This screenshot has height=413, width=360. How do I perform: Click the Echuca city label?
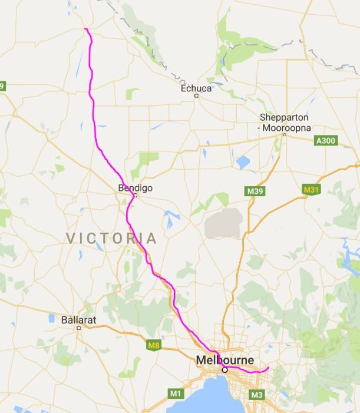(x=196, y=88)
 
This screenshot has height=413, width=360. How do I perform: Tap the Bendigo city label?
(x=136, y=188)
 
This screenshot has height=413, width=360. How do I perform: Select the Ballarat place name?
(x=78, y=321)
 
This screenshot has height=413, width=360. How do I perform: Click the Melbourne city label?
(x=225, y=360)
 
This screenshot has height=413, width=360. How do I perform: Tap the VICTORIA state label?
(x=111, y=238)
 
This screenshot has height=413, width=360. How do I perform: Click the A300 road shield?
(x=325, y=141)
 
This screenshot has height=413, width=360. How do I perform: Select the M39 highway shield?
(x=253, y=191)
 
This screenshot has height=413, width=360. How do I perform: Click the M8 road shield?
(x=153, y=345)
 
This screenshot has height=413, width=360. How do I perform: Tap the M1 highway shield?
(x=176, y=393)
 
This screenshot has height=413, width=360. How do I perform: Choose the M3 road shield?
(x=256, y=394)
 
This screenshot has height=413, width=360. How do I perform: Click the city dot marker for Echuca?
(x=196, y=95)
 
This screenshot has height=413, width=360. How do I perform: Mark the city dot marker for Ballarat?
(x=78, y=328)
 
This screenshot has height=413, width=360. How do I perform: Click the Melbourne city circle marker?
(x=224, y=370)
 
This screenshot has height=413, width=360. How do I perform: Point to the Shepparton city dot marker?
(x=284, y=135)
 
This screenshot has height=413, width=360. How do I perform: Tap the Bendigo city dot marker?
(x=135, y=195)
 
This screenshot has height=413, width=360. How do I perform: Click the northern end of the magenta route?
(x=85, y=28)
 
